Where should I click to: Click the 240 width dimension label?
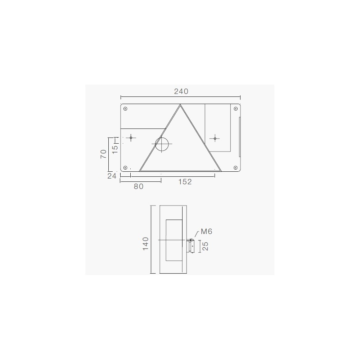pos(181,91)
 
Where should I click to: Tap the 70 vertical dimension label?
pos(103,154)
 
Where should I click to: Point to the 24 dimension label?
pos(112,176)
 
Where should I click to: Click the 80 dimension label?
pos(139,186)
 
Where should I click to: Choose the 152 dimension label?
pos(185,182)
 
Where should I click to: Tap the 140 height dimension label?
pos(145,244)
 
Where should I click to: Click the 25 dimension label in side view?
pos(206,246)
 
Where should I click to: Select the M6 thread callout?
pos(206,231)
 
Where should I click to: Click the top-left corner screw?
pos(125,109)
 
